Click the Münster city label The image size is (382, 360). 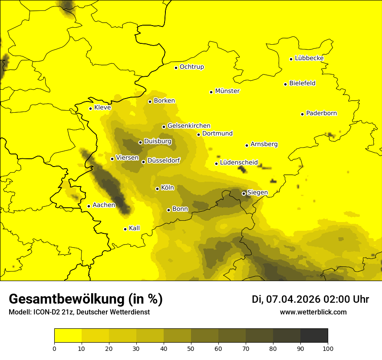227,91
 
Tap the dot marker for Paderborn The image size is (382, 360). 303,114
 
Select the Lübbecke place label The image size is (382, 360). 309,58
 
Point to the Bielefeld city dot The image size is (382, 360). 286,84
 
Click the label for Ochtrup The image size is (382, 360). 191,67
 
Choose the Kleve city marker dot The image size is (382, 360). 91,108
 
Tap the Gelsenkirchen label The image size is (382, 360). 189,126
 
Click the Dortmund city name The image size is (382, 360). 217,134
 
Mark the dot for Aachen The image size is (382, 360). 89,206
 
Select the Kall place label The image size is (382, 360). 134,228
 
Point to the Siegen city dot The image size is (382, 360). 244,193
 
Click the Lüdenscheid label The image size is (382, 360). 239,163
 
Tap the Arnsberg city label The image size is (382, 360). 264,144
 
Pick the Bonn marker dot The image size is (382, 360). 169,210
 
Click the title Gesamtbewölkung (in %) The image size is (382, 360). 86,299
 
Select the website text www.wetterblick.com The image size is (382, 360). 313,312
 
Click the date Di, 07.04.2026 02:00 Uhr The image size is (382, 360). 310,299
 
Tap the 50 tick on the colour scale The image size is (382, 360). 191,348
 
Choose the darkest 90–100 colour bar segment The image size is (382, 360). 314,336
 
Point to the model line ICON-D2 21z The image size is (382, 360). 79,312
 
